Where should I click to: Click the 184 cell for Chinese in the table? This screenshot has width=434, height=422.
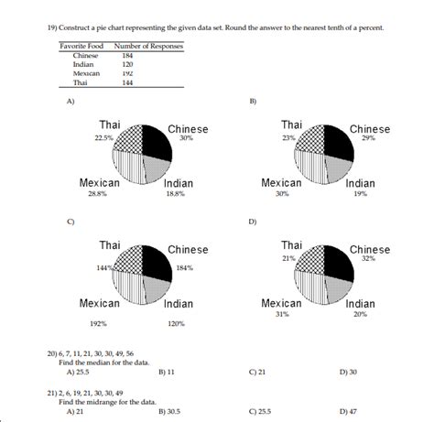pyautogui.click(x=127, y=56)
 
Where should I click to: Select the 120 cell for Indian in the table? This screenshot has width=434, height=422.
pyautogui.click(x=127, y=64)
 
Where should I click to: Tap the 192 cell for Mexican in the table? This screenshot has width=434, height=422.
pyautogui.click(x=127, y=72)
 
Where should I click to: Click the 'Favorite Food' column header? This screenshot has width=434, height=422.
pyautogui.click(x=79, y=46)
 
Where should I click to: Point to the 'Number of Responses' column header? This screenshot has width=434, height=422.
pyautogui.click(x=148, y=46)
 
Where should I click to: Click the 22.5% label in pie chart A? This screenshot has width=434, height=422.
pyautogui.click(x=104, y=138)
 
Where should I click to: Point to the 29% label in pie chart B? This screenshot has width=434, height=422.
pyautogui.click(x=368, y=138)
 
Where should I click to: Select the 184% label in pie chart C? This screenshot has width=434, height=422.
pyautogui.click(x=186, y=267)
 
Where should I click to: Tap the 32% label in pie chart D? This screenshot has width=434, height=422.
pyautogui.click(x=368, y=259)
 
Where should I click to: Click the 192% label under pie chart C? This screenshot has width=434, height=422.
pyautogui.click(x=98, y=323)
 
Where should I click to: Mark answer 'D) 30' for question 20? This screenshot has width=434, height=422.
pyautogui.click(x=348, y=373)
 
